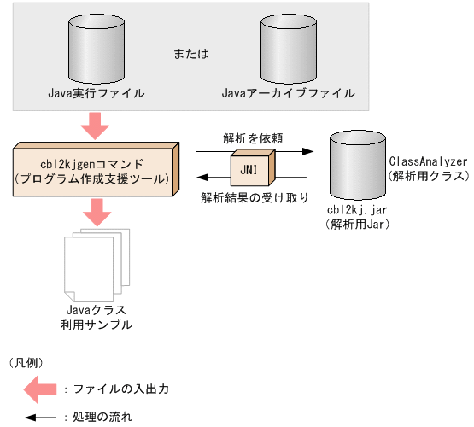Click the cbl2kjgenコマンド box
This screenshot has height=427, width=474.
(x=95, y=169)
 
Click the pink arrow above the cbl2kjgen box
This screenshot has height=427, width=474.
(x=95, y=128)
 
